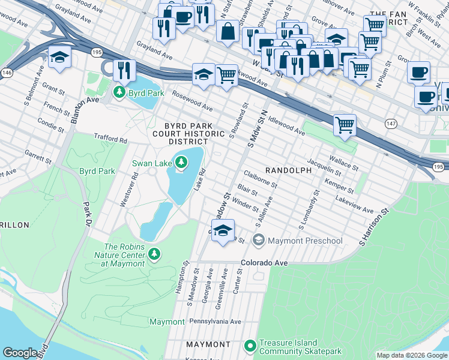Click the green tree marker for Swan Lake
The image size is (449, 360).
coord(181,161)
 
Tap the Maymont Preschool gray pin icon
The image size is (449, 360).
coord(259,241)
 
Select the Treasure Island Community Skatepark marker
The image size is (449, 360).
coord(250,346)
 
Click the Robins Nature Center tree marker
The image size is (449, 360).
coord(155,255)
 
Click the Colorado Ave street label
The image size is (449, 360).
coord(265,263)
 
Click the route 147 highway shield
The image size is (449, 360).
coord(391,122)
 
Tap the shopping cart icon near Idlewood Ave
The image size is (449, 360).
coord(345,125)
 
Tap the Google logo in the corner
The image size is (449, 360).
coord(20,353)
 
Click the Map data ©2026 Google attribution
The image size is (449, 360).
coord(411,355)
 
